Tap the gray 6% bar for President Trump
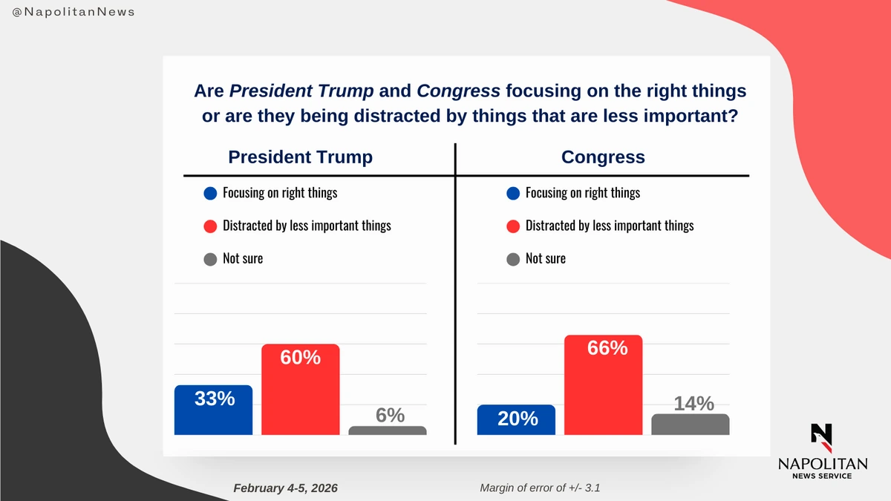[387, 430]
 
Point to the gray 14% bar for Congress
[690, 425]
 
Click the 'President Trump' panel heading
[300, 157]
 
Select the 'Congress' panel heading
[603, 157]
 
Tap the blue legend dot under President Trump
[210, 194]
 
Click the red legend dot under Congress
[512, 226]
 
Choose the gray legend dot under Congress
[512, 259]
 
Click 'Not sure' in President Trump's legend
[243, 259]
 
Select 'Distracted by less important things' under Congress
[610, 226]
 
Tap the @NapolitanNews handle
[74, 13]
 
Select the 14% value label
[693, 404]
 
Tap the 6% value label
[389, 416]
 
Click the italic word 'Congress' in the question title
[458, 91]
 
